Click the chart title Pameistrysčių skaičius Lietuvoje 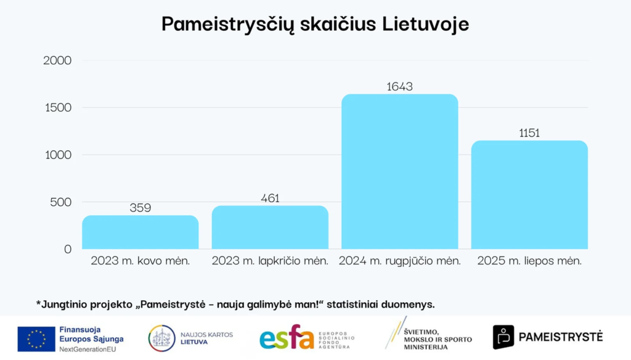pyautogui.click(x=315, y=24)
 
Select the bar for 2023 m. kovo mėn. pyautogui.click(x=140, y=232)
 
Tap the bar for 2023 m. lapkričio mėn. pyautogui.click(x=270, y=227)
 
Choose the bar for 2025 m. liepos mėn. pyautogui.click(x=529, y=195)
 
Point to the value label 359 pyautogui.click(x=140, y=208)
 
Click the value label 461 pyautogui.click(x=270, y=198)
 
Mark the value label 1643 pyautogui.click(x=399, y=87)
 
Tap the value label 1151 pyautogui.click(x=529, y=133)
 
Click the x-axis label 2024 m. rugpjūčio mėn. pyautogui.click(x=400, y=261)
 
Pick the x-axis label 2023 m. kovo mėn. pyautogui.click(x=140, y=261)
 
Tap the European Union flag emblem pyautogui.click(x=36, y=339)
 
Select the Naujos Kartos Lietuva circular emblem pyautogui.click(x=161, y=338)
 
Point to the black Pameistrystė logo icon pyautogui.click(x=503, y=337)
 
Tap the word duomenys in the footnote pyautogui.click(x=412, y=304)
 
